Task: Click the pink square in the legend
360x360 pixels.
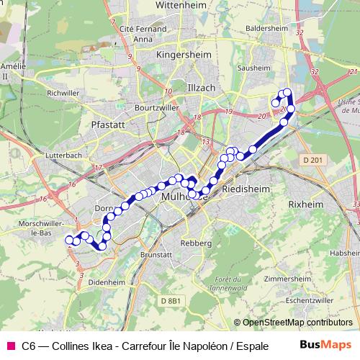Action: pyautogui.click(x=10, y=346)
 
